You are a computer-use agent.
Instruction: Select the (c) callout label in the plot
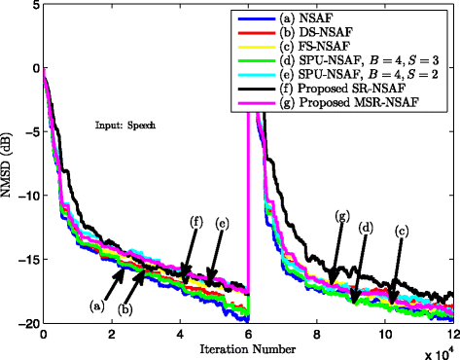[x=400, y=232]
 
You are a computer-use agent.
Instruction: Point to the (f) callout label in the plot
[x=196, y=223]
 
